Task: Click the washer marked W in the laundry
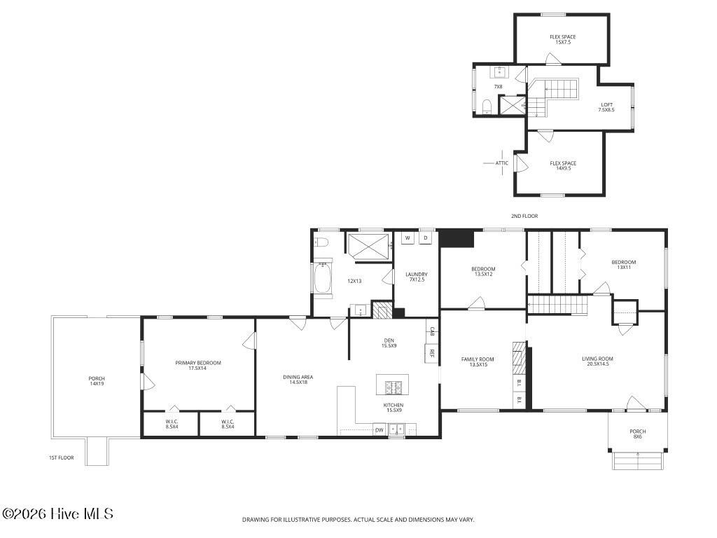coord(408,238)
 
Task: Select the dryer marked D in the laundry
coord(426,238)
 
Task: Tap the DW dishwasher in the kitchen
coord(380,430)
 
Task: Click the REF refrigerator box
coord(431,353)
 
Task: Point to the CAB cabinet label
coord(431,331)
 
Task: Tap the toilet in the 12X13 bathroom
coord(320,242)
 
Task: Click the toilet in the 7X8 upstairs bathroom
coord(487,107)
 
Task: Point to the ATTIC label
coord(501,163)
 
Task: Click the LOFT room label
coord(607,105)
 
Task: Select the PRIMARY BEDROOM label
coord(198,363)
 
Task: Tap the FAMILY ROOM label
coord(478,359)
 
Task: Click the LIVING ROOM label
coord(598,359)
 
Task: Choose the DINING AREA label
coord(298,378)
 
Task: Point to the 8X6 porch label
coord(638,437)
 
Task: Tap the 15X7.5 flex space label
coord(563,42)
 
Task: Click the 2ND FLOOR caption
coord(524,216)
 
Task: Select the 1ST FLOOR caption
coord(62,458)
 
